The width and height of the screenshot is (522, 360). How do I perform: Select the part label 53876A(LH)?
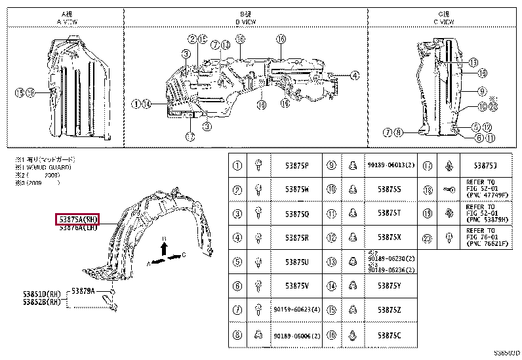tap(77, 228)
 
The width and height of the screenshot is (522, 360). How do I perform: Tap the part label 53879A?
tap(83, 290)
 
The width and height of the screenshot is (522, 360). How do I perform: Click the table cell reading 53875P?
tap(297, 166)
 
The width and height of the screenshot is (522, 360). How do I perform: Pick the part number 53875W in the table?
tap(297, 190)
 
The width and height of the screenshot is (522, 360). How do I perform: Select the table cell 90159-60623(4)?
tap(297, 308)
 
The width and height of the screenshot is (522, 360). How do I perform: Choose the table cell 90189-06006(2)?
tap(297, 336)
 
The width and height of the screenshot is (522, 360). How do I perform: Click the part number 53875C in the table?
tap(388, 336)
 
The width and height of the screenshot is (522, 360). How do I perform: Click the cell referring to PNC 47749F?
tap(486, 190)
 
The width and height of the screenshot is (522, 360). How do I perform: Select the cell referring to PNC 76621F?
tap(486, 237)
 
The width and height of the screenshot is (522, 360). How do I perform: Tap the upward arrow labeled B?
tap(165, 245)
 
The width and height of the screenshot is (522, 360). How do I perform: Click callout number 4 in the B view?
tap(354, 75)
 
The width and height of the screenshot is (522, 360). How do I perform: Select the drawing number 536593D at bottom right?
tap(506, 355)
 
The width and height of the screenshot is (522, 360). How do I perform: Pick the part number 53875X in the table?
tap(388, 237)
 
